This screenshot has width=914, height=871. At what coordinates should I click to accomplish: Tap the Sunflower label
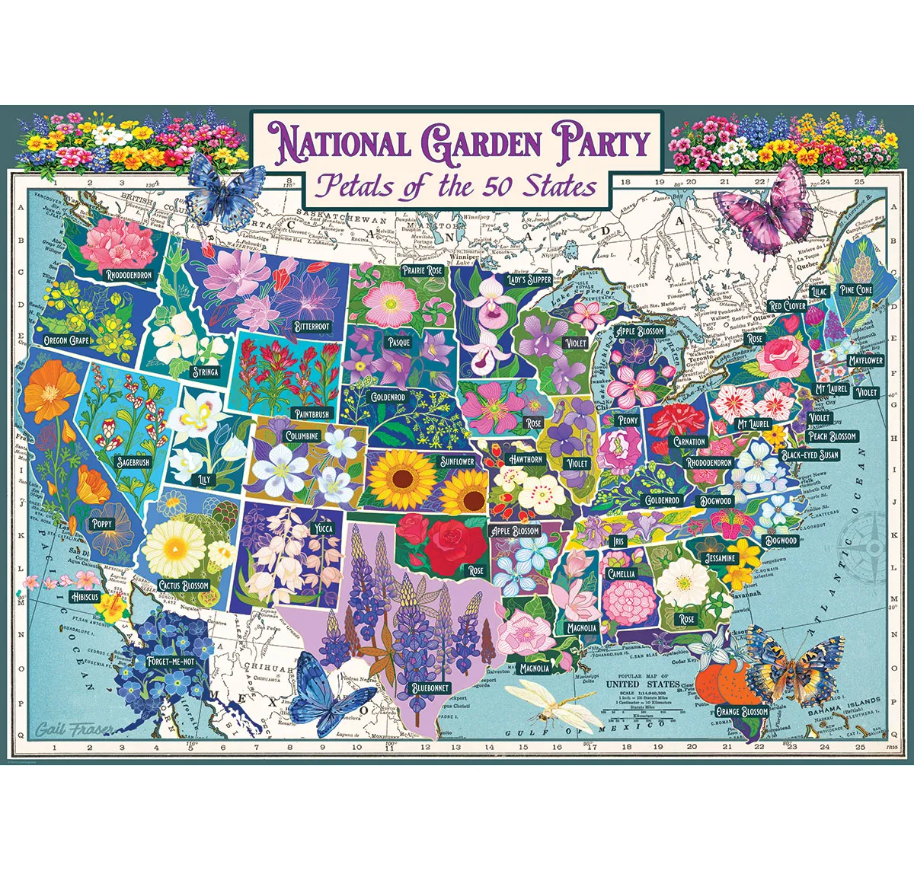coord(457,461)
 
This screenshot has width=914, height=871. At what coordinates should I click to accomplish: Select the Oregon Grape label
coord(67,340)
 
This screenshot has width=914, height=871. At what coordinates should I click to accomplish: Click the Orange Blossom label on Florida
coord(742,712)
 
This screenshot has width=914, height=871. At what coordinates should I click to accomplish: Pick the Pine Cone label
coord(855,290)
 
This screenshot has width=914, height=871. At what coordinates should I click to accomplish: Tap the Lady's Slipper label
coord(529,279)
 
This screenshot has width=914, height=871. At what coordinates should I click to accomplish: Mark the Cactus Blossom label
coord(184,585)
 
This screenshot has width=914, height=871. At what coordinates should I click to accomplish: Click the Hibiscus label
coord(83,597)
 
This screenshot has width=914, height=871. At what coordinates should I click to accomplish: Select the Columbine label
coord(302,436)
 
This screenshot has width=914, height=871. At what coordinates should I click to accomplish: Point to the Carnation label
coord(689,442)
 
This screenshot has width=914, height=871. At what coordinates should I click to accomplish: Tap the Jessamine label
coord(720,558)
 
